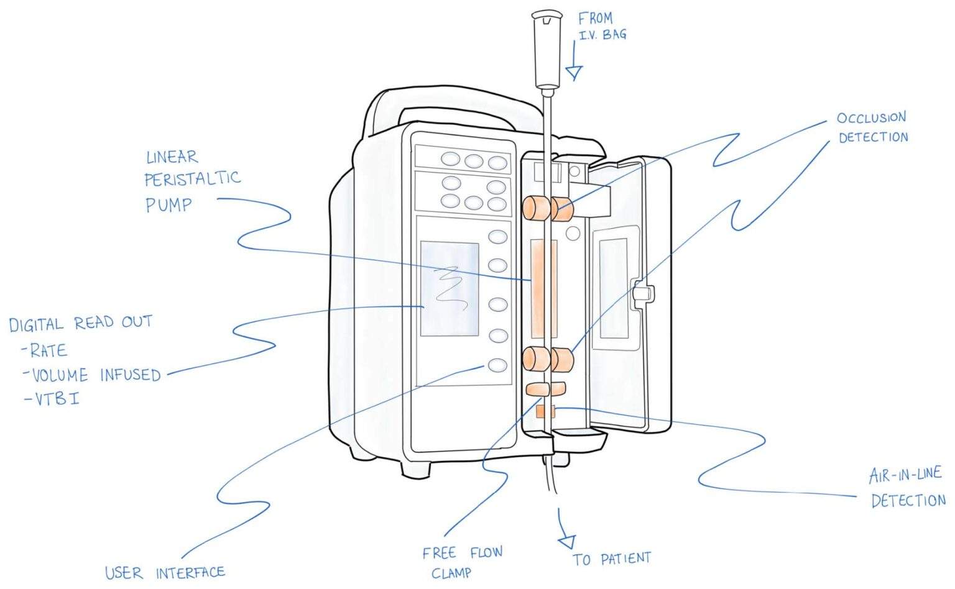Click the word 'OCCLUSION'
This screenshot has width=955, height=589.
[871, 118]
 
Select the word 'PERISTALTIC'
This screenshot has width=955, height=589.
[192, 179]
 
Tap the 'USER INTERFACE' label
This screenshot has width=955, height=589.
[165, 572]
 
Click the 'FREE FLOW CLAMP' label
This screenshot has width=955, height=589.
[461, 562]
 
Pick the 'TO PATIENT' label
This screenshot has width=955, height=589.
[611, 559]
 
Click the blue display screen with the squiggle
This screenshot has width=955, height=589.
[450, 288]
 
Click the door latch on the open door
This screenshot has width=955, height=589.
[643, 292]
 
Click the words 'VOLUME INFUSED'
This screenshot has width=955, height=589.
[96, 375]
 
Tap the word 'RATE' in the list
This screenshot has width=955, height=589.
[48, 350]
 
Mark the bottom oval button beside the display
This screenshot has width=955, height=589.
[497, 365]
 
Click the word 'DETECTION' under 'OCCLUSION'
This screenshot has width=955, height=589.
[873, 137]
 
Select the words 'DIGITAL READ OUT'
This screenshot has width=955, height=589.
[81, 324]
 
